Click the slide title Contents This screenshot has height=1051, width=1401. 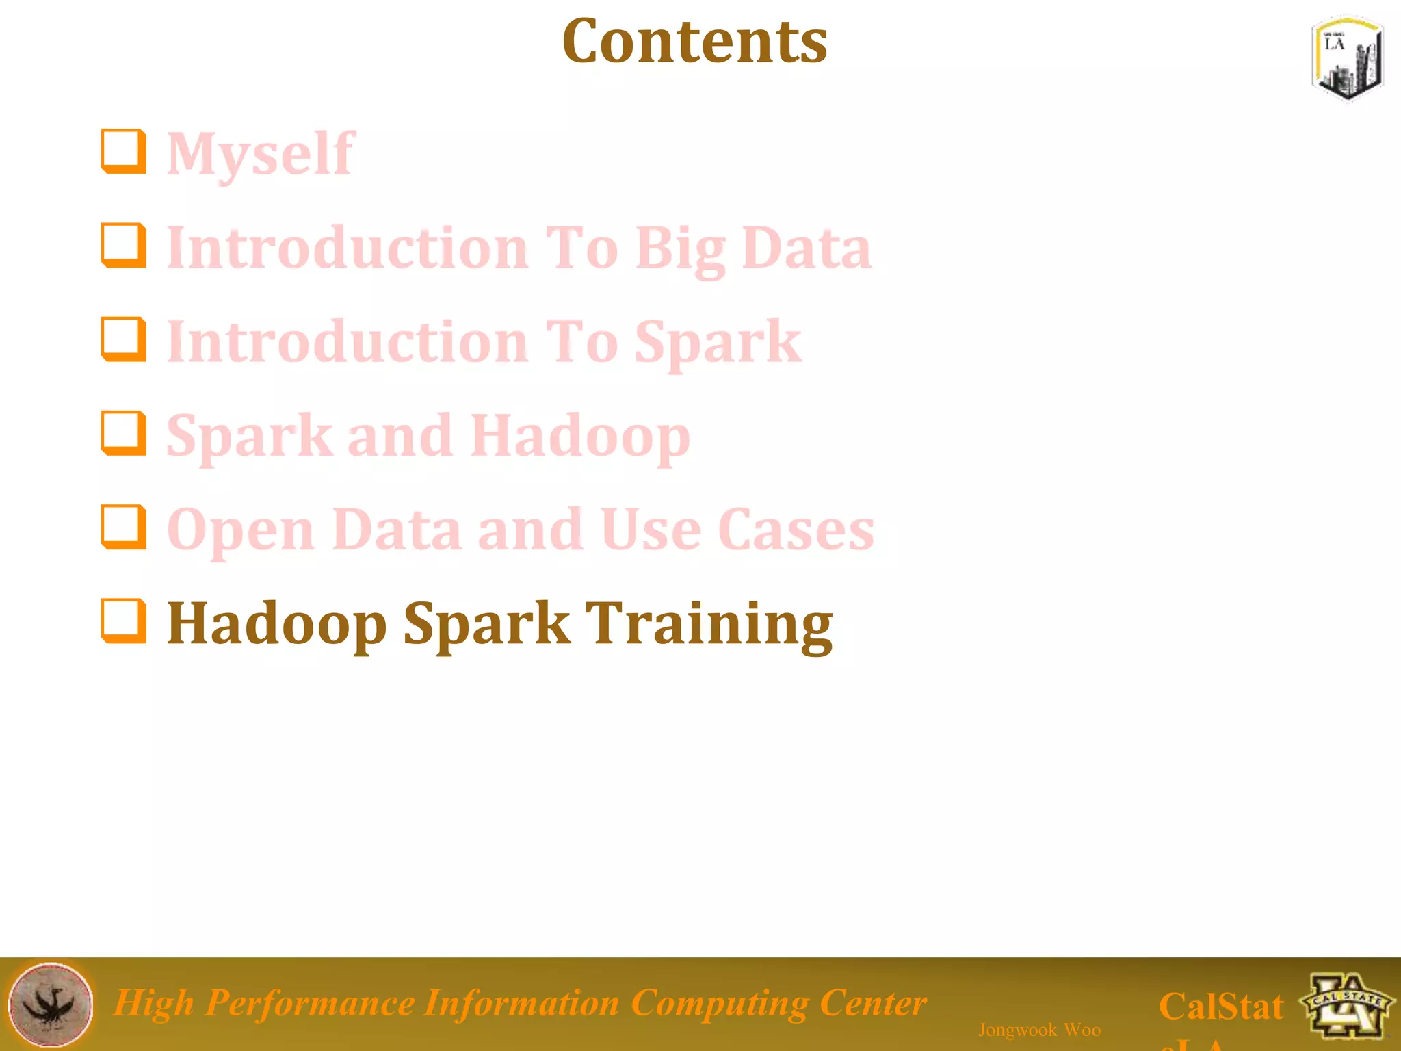pos(694,42)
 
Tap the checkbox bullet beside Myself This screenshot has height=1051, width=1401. pos(124,151)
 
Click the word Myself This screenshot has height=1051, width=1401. pos(261,154)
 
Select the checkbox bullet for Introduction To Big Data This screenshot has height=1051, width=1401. pos(124,245)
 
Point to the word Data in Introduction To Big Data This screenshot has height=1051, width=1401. pos(807,248)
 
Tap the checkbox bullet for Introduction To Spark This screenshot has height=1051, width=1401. pos(124,339)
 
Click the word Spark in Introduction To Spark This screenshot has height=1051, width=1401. pos(718,342)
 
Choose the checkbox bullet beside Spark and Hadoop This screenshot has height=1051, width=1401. pos(124,432)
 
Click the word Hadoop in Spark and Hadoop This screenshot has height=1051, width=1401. pos(580,437)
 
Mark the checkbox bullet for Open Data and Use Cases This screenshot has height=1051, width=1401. pos(124,527)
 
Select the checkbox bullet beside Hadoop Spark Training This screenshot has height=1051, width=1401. pos(124,621)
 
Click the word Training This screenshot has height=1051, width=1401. pos(711,625)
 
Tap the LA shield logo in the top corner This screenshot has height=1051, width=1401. pos(1347,59)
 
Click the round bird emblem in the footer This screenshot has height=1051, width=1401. pos(51,1004)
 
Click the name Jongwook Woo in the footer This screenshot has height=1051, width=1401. pos(1039,1030)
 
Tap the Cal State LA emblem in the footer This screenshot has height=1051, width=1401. pos(1346,1004)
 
